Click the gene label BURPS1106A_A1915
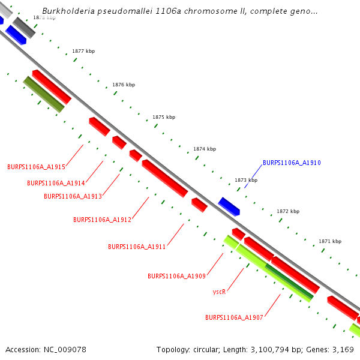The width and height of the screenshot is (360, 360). [36, 167]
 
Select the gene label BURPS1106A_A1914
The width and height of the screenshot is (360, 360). [56, 183]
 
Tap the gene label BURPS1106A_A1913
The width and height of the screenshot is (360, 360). [73, 196]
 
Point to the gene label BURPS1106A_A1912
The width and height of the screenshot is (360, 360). [102, 220]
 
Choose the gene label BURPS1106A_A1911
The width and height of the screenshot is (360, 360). [137, 247]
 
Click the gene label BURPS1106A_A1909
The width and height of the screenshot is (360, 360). [176, 276]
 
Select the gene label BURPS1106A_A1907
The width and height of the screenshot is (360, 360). [234, 317]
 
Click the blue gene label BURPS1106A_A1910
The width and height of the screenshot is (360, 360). [292, 163]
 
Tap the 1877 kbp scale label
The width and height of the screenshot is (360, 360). [83, 52]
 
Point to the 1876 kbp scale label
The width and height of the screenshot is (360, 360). [124, 85]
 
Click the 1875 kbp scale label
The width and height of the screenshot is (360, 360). [164, 117]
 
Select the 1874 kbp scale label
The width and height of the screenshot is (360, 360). [205, 149]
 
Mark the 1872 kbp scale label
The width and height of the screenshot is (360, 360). [287, 211]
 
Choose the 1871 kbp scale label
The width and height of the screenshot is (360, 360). [329, 241]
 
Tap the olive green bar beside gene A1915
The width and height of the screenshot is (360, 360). [43, 94]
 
